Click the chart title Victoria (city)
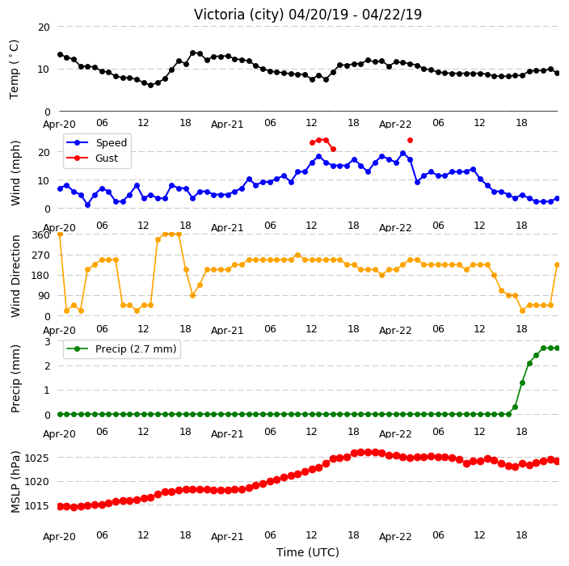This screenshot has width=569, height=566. [238, 15]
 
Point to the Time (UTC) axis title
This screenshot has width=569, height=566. [308, 552]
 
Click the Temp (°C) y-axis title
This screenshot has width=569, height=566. [14, 69]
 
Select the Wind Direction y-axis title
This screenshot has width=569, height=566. [15, 276]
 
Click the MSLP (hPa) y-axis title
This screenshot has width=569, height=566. [15, 482]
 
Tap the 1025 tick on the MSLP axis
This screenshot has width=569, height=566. [36, 458]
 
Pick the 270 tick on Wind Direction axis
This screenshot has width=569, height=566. [40, 256]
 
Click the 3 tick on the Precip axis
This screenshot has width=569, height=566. [47, 341]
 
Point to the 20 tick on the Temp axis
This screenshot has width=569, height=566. [44, 27]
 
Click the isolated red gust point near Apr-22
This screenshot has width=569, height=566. [410, 140]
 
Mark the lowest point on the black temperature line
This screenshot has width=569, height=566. [150, 86]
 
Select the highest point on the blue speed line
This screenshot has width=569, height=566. [403, 153]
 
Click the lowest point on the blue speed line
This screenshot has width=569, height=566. [87, 205]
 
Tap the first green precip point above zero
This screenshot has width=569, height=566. [515, 407]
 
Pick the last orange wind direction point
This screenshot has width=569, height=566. [558, 265]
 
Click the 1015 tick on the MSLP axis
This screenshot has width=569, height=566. [36, 505]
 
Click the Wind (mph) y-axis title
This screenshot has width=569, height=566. [15, 173]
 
